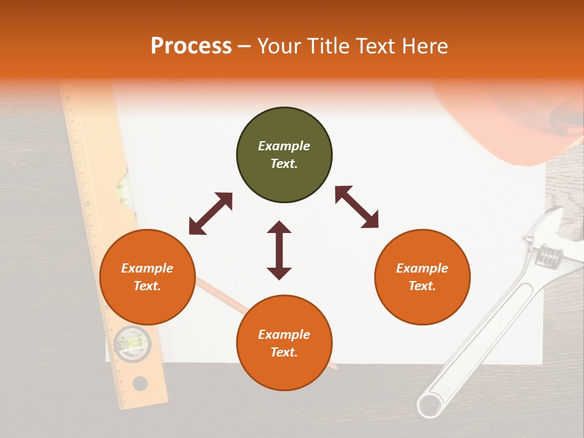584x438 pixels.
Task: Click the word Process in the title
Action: (x=191, y=46)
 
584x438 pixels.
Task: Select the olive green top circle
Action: (x=284, y=155)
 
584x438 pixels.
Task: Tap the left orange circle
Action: (x=147, y=277)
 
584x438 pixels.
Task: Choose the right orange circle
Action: (x=422, y=277)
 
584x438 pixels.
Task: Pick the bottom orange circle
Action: (x=284, y=343)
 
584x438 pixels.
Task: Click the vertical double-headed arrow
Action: (x=279, y=250)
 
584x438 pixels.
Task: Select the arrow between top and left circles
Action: (x=210, y=214)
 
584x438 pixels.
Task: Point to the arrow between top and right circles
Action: (x=356, y=207)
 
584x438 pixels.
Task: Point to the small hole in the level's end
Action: (x=140, y=383)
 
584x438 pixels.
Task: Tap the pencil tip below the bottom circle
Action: (x=334, y=367)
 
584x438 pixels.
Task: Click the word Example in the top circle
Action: (x=284, y=146)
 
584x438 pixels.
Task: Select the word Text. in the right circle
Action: (x=422, y=286)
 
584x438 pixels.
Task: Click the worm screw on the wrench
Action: (x=549, y=255)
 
